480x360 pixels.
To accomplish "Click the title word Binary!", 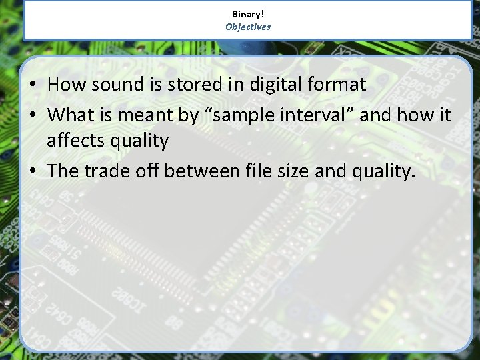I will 248,14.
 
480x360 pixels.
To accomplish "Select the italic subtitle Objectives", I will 248,27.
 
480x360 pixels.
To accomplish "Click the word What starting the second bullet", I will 71,115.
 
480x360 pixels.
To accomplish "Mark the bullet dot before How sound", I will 33,85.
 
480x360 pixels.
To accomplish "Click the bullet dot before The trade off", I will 33,171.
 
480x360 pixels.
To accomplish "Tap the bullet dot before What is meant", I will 33,115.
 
